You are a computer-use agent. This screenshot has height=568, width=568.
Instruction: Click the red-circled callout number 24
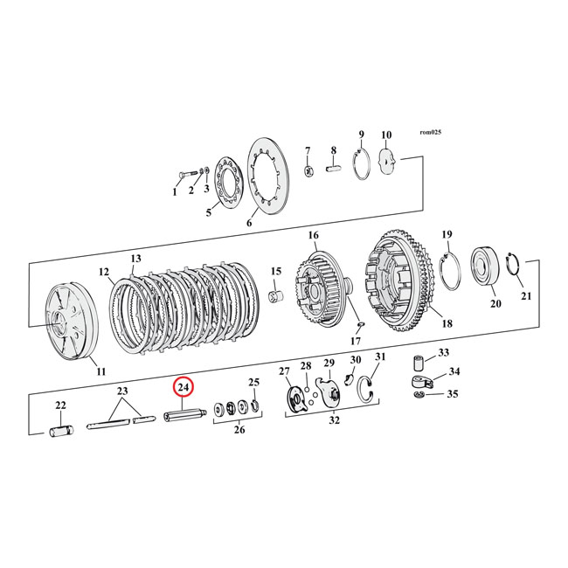tap(184, 387)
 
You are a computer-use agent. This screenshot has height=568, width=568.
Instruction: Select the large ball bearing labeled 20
tap(484, 266)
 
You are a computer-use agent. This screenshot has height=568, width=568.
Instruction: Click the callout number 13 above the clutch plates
tap(135, 260)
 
